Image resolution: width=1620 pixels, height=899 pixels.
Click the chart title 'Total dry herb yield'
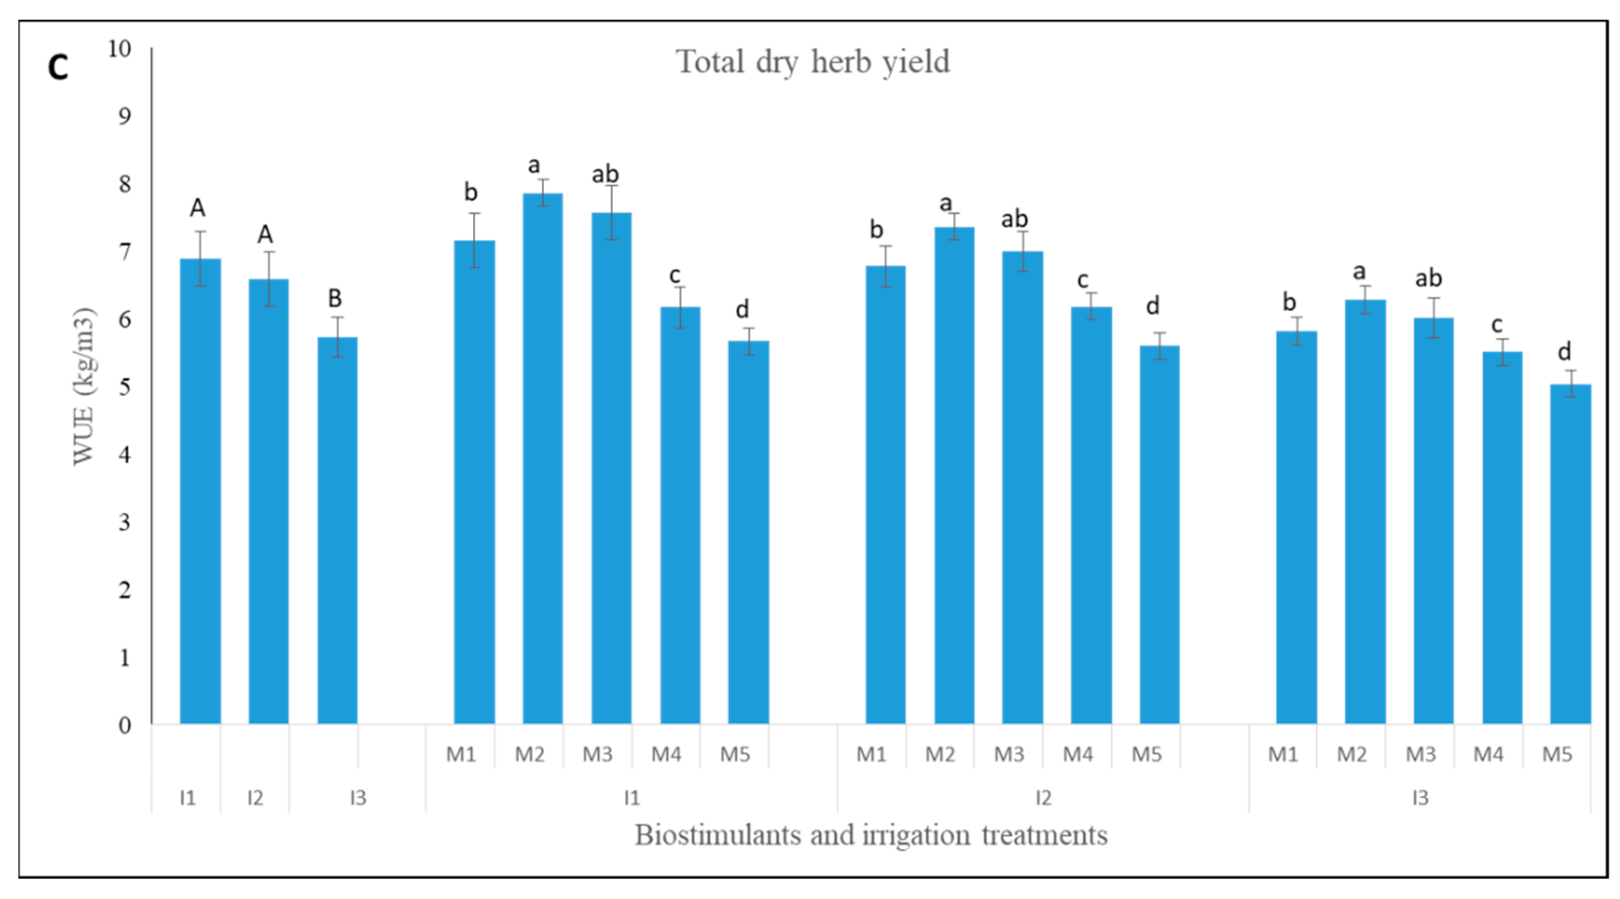point(812,62)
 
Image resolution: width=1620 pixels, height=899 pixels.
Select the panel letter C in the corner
point(58,67)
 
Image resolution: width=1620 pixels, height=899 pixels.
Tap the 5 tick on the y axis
point(125,387)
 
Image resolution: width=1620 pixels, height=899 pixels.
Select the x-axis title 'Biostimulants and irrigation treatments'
point(871,836)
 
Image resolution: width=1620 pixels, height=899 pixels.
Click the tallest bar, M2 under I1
point(543,459)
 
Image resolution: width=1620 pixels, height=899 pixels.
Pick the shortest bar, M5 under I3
point(1571,553)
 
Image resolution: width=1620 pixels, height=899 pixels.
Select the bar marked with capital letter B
point(338,531)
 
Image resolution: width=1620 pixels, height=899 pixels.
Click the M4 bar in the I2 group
point(1091,516)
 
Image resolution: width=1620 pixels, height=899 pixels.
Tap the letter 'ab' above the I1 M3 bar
point(605,174)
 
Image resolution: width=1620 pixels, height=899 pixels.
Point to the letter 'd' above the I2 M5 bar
point(1152,306)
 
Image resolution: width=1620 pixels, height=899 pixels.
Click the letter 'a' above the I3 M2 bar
point(1359,272)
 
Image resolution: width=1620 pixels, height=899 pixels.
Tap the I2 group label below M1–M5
point(1043,798)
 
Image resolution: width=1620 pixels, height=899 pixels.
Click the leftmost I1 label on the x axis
point(188,798)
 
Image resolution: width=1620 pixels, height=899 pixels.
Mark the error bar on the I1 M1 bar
point(475,240)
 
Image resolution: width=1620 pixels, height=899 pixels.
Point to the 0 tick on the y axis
point(125,726)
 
